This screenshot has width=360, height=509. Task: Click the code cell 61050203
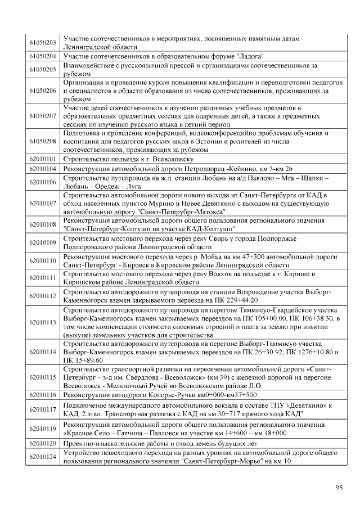tap(43, 43)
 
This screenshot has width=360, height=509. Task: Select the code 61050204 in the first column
tap(43, 56)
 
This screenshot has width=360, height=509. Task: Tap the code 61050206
tap(43, 90)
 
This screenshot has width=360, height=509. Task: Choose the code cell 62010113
tap(43, 322)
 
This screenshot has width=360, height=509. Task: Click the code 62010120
tap(43, 443)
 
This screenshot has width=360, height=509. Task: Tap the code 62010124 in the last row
tap(43, 457)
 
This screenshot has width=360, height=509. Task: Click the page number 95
tap(339, 488)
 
